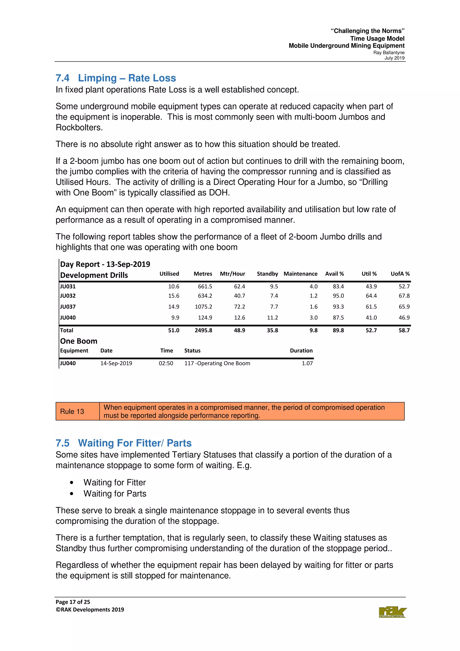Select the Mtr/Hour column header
(x=232, y=274)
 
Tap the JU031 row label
(x=68, y=286)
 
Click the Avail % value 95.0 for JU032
(x=338, y=296)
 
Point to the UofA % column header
(x=400, y=274)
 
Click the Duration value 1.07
(x=307, y=363)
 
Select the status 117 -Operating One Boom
(x=217, y=363)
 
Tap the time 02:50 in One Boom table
(x=166, y=363)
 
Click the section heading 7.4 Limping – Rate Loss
(x=116, y=78)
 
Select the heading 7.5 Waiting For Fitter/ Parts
(x=123, y=443)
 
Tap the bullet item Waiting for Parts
(x=115, y=494)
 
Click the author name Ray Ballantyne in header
(x=389, y=53)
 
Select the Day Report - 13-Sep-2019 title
(x=105, y=264)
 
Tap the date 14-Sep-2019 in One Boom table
(x=116, y=363)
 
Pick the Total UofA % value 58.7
(x=404, y=330)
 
